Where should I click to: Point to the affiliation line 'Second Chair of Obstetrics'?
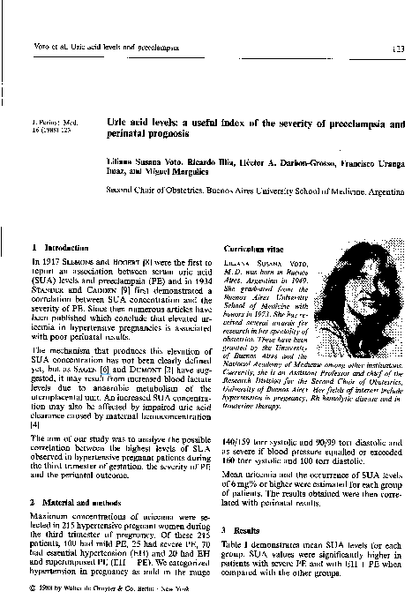click(256, 189)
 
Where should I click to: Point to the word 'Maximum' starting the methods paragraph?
click(50, 516)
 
